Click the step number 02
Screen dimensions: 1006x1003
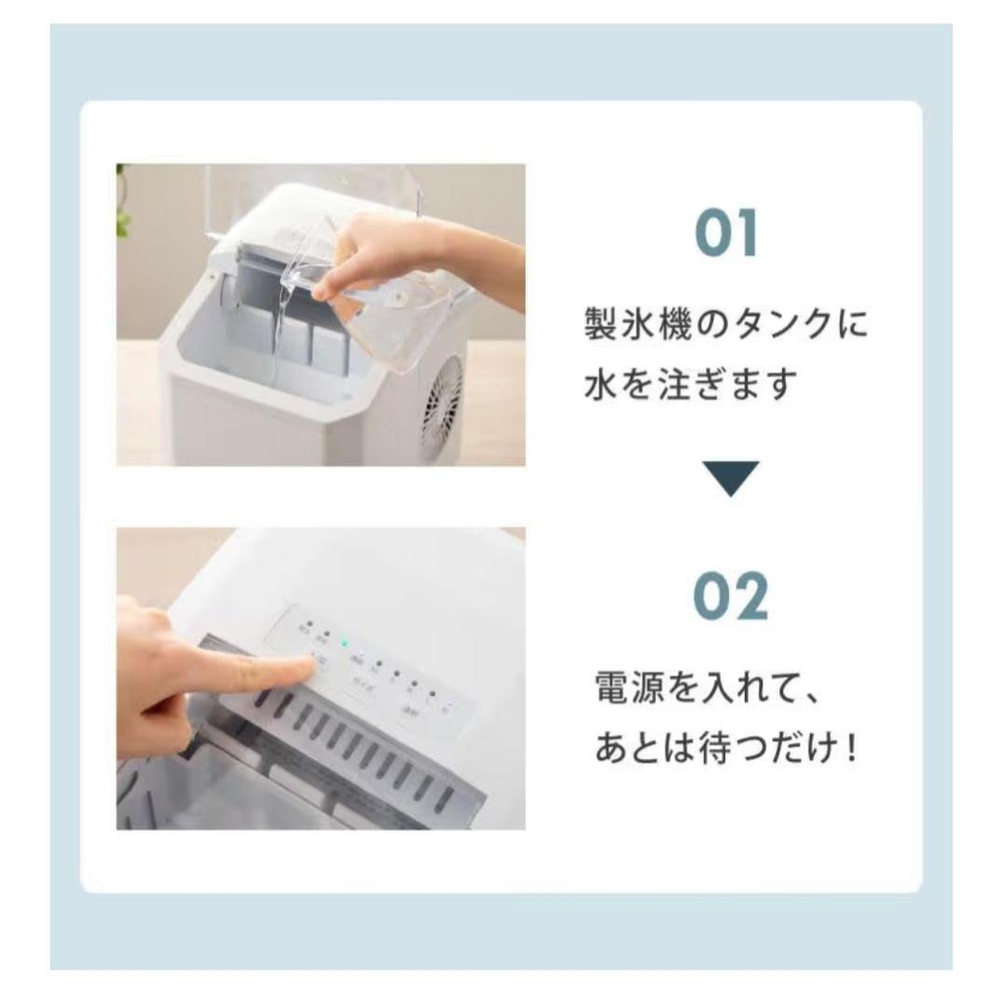coord(731,597)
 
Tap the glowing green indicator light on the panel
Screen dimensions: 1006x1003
coord(344,642)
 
